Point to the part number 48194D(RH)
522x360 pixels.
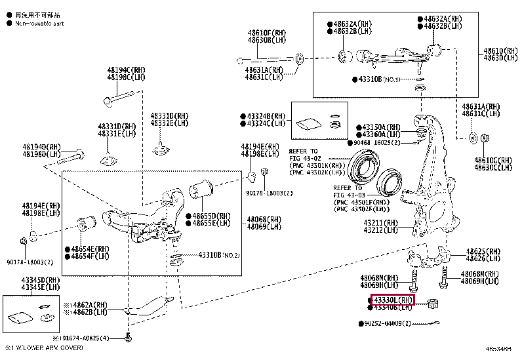pos(41,147)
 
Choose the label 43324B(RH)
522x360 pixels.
pos(266,115)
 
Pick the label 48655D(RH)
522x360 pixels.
pos(211,216)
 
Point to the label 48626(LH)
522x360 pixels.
pos(483,259)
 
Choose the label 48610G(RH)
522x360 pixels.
pos(493,160)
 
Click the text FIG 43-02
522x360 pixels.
pos(304,157)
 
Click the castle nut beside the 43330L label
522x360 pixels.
pos(432,303)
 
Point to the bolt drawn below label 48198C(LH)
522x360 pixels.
pos(118,102)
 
